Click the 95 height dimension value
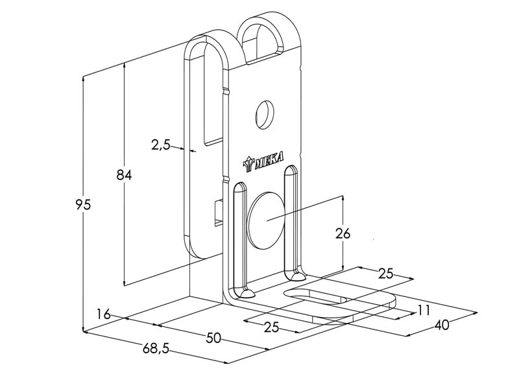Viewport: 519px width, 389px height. coord(82,205)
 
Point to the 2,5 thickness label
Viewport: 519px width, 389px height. coord(160,145)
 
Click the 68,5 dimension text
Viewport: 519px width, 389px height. coord(155,349)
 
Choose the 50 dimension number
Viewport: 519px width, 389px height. coord(212,336)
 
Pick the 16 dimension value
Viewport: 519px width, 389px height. coord(103,314)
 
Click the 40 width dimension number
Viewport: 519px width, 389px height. coord(442,325)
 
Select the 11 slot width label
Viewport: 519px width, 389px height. coord(424,311)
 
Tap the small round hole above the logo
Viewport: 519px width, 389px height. coord(265,113)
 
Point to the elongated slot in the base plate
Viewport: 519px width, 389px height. coord(319,298)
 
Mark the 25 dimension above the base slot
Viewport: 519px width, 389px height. coord(385,274)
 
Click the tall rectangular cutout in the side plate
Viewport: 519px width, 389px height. coord(213,97)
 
